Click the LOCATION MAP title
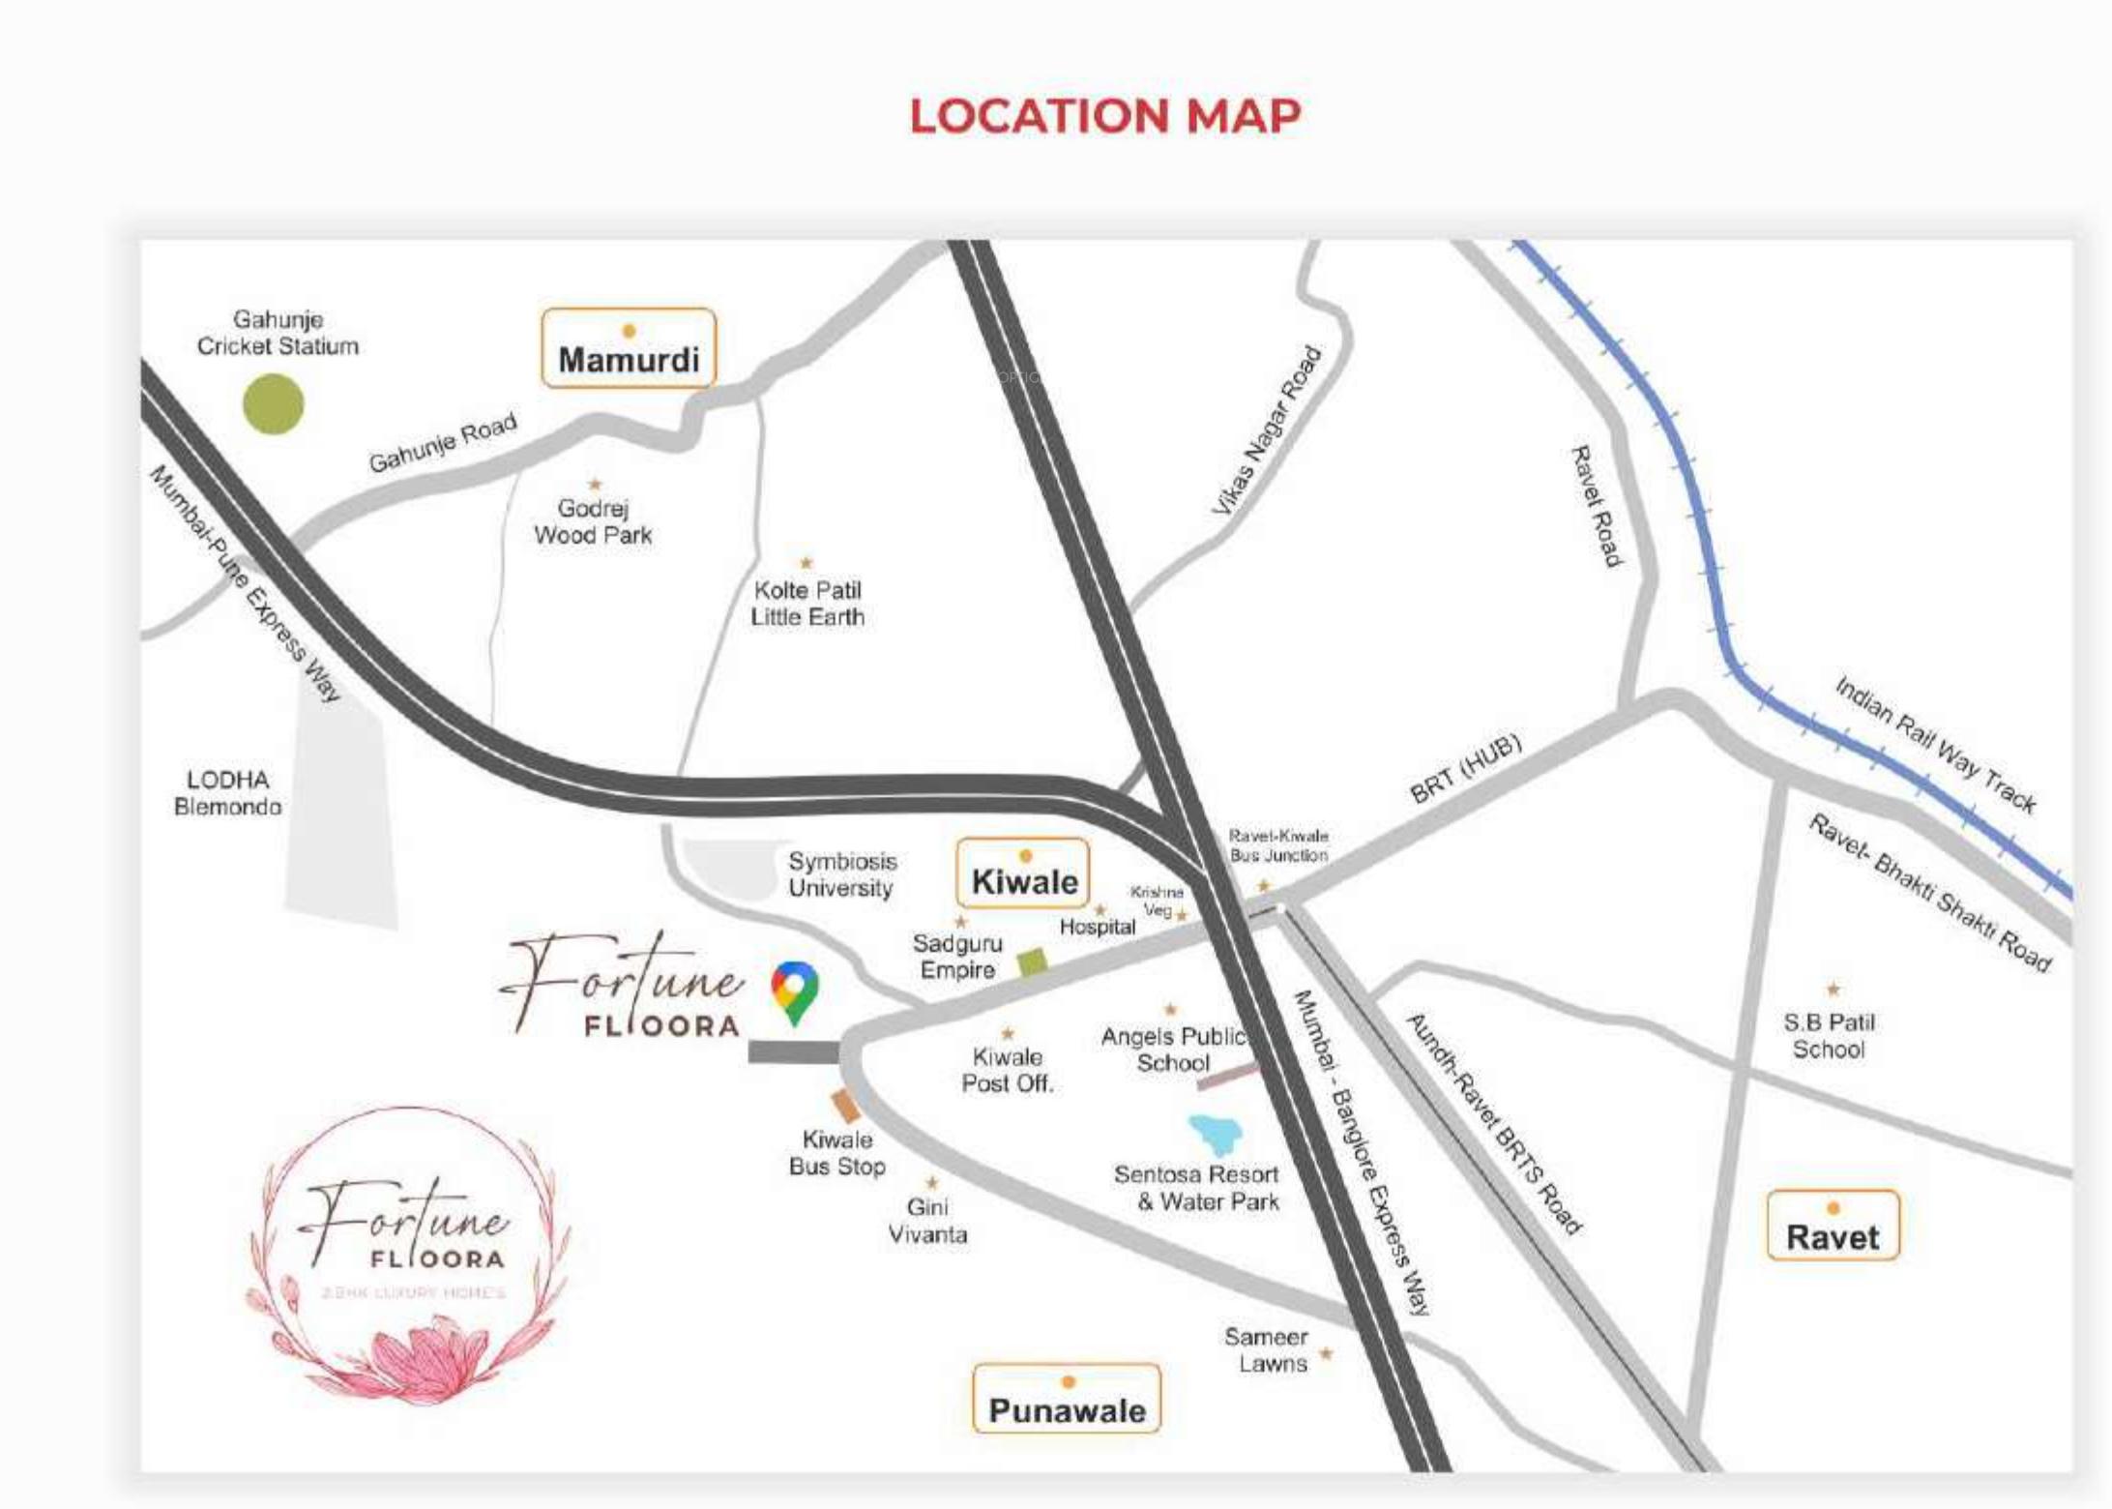[1105, 116]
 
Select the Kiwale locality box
[1023, 874]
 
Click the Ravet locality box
[1833, 1227]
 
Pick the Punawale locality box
[1067, 1399]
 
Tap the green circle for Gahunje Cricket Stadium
[274, 403]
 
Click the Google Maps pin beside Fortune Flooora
[795, 991]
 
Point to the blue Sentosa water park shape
[1216, 1134]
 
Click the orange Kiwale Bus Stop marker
[846, 1106]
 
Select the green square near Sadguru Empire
[1032, 962]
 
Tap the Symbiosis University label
[841, 874]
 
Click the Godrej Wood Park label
[593, 521]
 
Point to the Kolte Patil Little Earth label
[807, 603]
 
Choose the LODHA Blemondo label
[228, 792]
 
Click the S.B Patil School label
[1829, 1035]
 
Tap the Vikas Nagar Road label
[1266, 431]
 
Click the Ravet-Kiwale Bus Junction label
[1278, 844]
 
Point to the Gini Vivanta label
[927, 1221]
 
